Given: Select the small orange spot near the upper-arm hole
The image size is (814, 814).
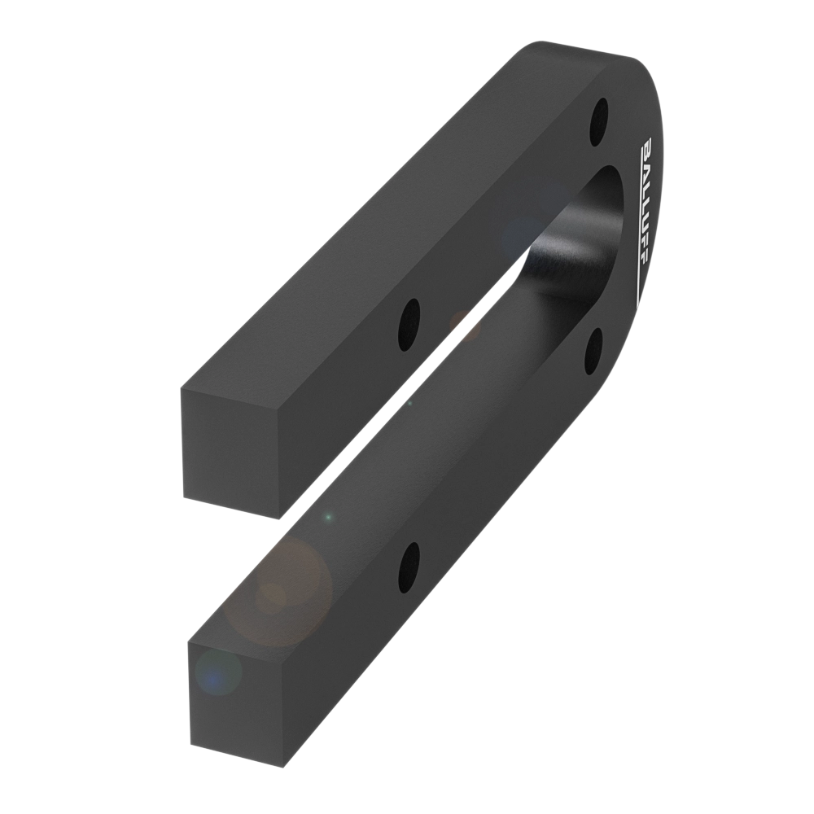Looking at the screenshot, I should tap(465, 326).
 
